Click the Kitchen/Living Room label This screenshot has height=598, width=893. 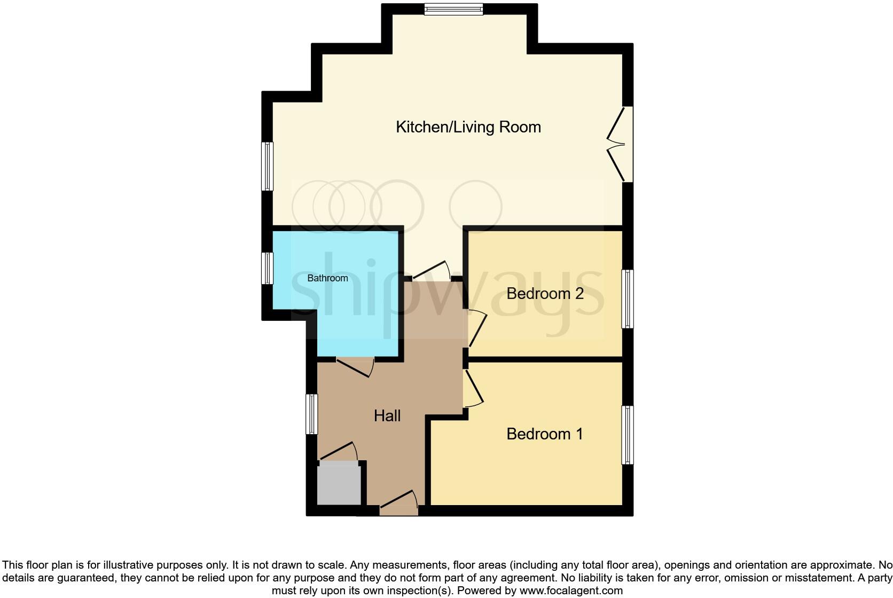click(468, 127)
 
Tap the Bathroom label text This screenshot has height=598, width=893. click(327, 278)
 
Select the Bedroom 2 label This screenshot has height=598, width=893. click(545, 294)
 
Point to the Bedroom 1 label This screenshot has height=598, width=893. click(545, 434)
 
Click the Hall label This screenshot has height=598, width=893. click(387, 416)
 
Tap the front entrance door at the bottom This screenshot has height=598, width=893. click(399, 505)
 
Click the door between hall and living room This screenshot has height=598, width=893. click(432, 271)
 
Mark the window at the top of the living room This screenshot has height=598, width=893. click(453, 9)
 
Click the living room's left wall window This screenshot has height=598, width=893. click(267, 166)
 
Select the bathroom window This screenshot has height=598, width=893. click(267, 268)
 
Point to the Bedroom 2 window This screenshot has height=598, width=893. click(628, 299)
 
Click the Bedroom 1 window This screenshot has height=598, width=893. click(628, 435)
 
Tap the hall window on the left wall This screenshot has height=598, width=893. click(311, 414)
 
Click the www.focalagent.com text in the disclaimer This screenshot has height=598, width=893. click(571, 591)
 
